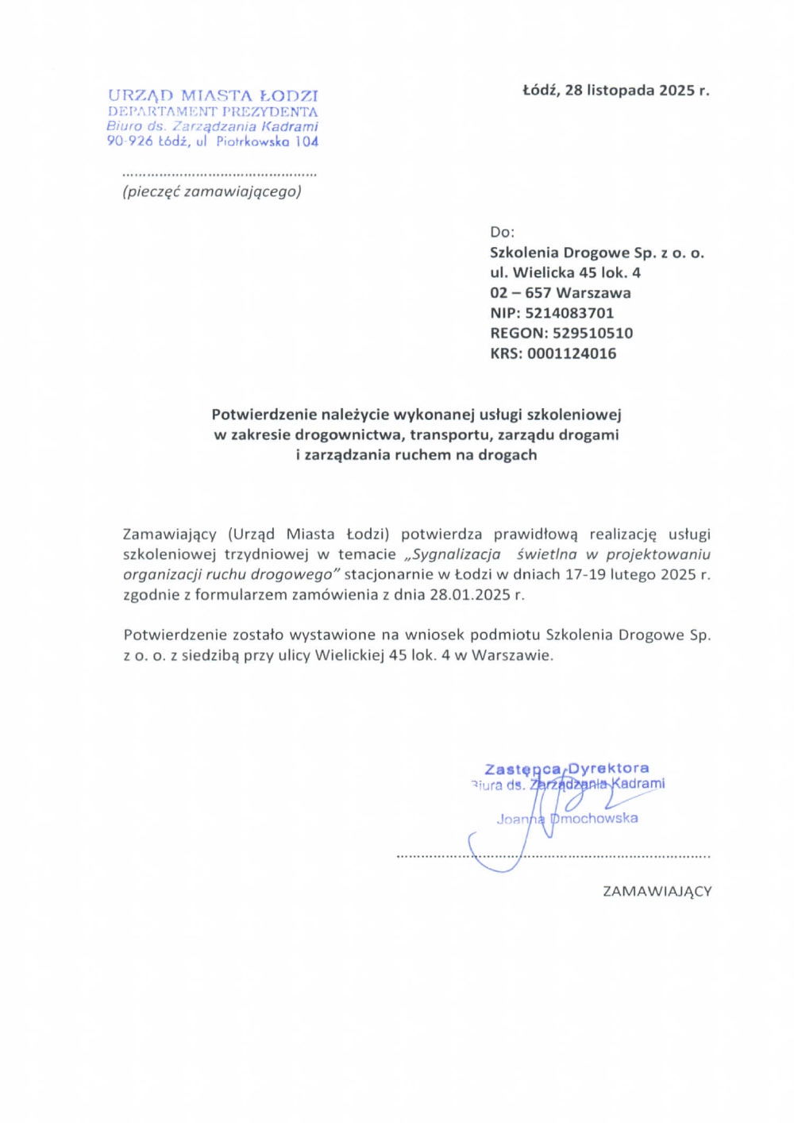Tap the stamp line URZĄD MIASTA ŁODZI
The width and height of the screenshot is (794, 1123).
(x=213, y=96)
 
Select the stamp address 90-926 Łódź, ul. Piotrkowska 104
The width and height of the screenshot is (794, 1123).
(x=213, y=141)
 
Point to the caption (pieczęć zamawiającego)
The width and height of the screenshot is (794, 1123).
(x=212, y=191)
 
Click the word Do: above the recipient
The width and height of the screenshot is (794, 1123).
(x=502, y=232)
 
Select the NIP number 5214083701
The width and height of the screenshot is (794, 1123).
(x=569, y=313)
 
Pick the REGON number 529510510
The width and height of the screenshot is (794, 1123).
(x=592, y=334)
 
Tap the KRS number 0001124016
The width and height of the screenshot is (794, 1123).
(x=572, y=353)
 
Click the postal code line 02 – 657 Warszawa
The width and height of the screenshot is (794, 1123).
(x=561, y=293)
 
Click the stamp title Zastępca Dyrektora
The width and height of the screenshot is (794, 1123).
(x=567, y=768)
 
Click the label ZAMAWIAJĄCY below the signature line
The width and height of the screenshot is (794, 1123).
(x=657, y=891)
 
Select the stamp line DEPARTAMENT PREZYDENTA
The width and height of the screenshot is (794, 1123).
(x=213, y=112)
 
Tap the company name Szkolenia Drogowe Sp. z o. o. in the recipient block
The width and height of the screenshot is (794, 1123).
(x=597, y=253)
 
